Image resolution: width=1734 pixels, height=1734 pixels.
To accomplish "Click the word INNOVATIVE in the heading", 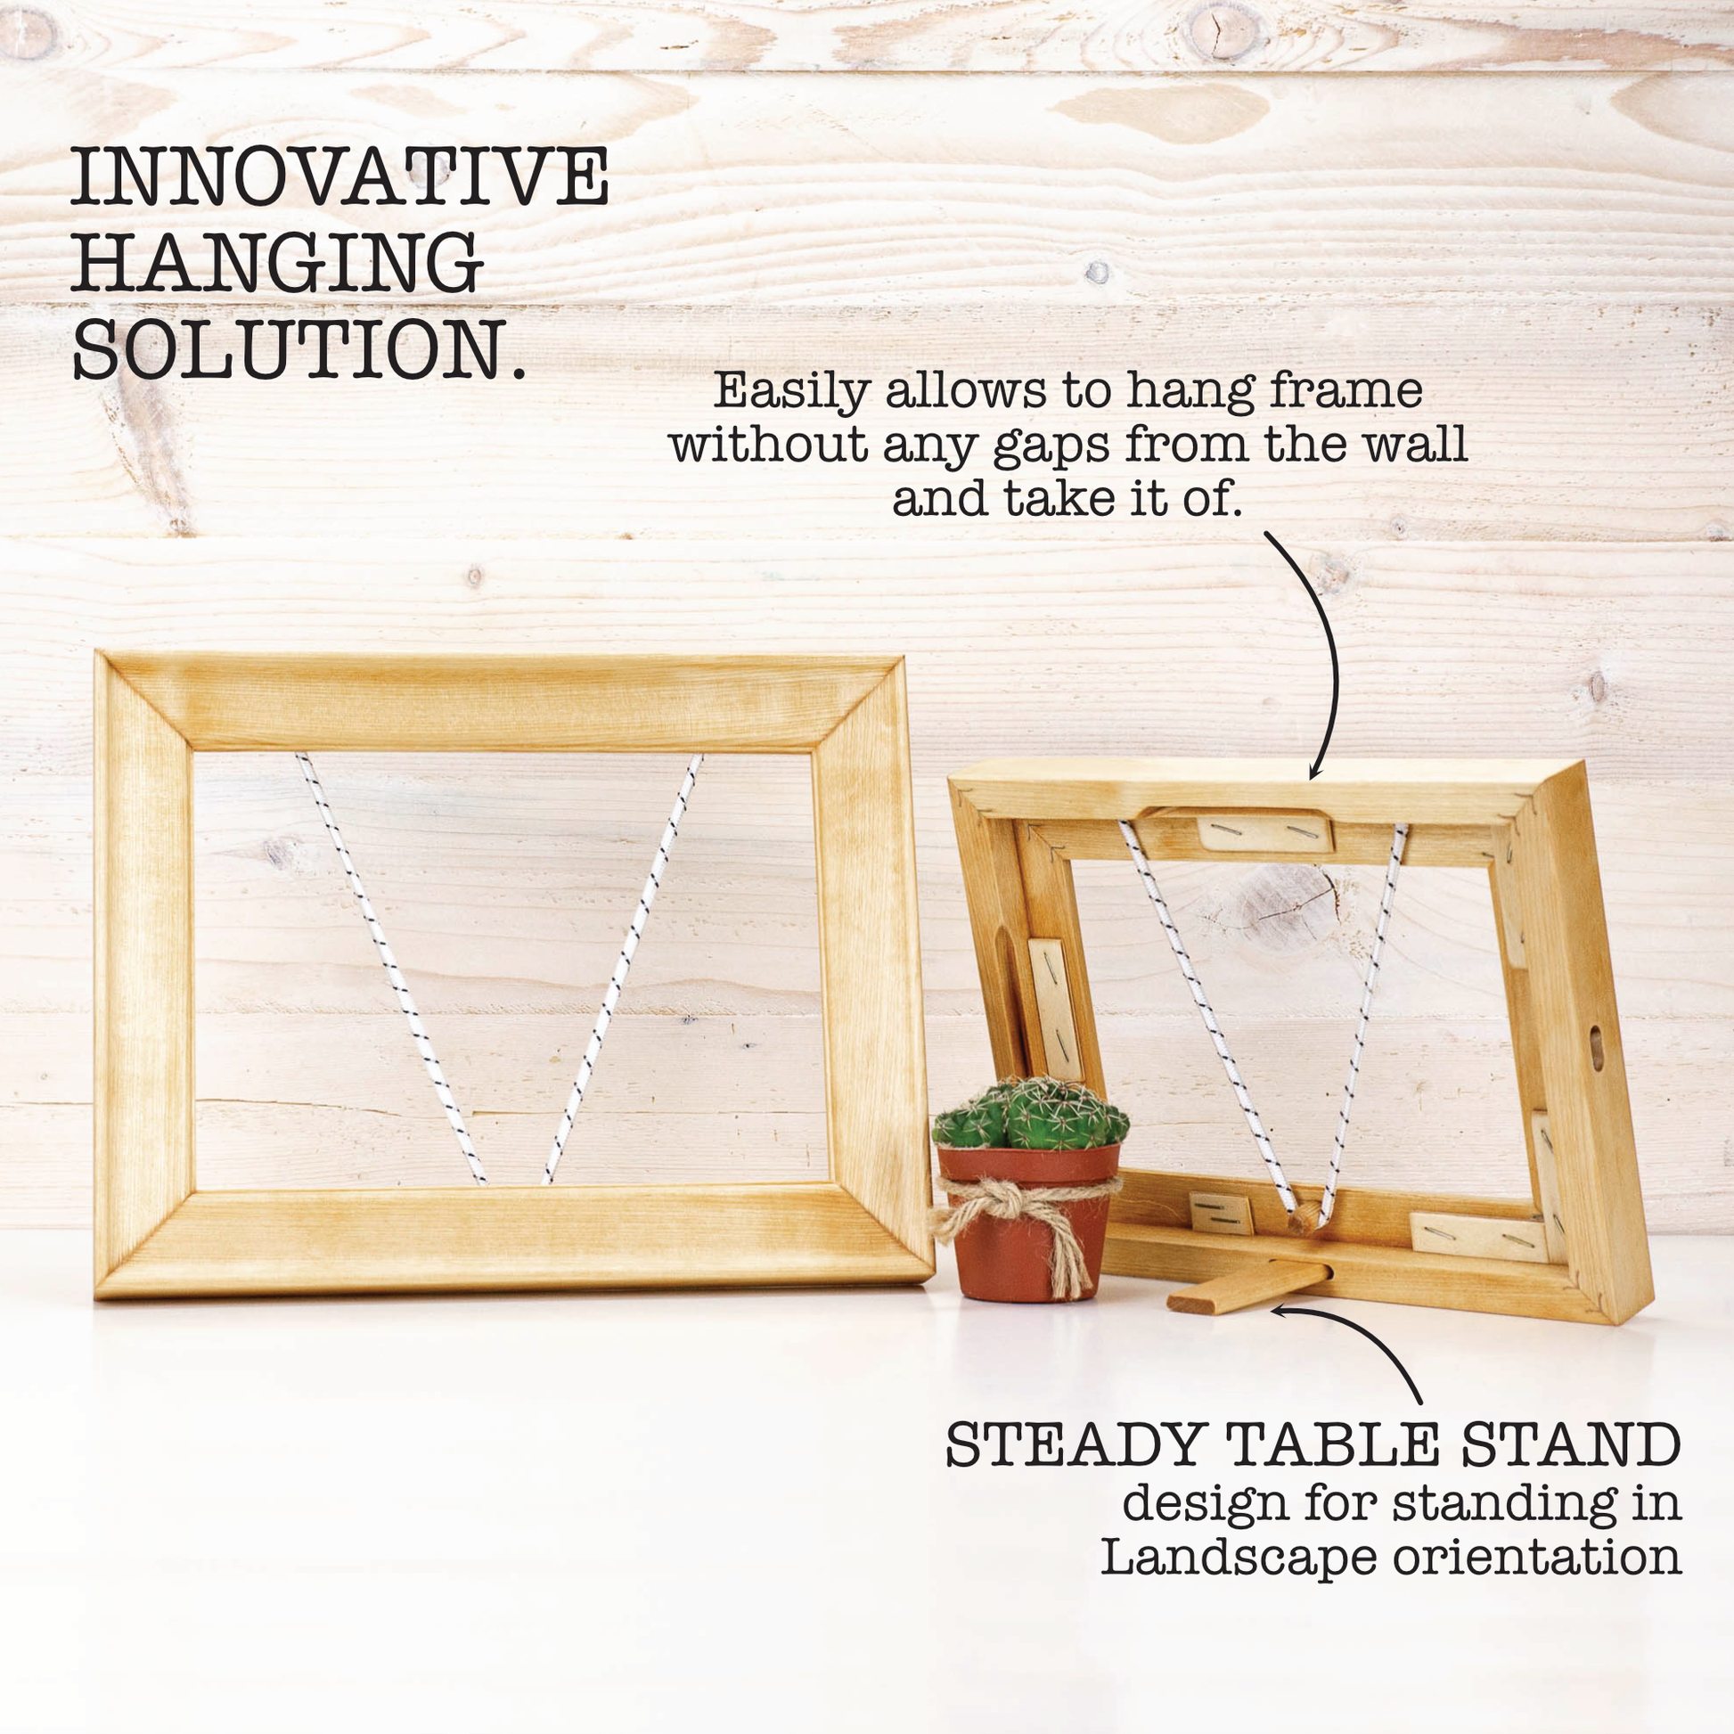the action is click(340, 176).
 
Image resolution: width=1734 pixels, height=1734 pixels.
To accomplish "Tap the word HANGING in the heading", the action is click(277, 262).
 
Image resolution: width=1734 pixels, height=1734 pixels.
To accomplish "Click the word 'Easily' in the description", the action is click(792, 392).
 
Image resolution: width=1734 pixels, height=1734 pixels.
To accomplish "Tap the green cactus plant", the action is click(1030, 1114).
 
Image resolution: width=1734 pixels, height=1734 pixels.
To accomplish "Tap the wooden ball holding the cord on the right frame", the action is click(1305, 1218).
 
